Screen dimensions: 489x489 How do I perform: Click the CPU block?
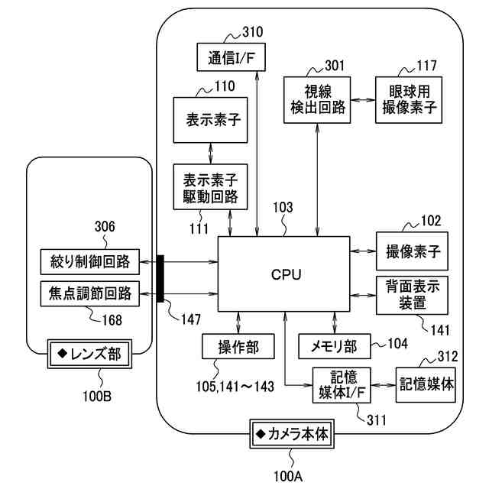tap(283, 274)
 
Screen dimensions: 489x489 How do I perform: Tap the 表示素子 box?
tap(211, 120)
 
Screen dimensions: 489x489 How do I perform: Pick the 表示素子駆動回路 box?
tap(211, 188)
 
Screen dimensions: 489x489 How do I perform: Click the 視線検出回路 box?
tap(318, 99)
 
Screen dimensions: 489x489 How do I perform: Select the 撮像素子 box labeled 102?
tap(413, 251)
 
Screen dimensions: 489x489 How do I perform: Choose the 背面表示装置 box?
tap(413, 294)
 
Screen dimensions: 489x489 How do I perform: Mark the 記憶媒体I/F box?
tap(341, 386)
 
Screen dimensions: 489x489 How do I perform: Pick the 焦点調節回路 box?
tap(89, 293)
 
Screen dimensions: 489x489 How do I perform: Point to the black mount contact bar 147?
tap(160, 278)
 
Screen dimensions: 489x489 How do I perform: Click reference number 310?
tap(252, 32)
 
